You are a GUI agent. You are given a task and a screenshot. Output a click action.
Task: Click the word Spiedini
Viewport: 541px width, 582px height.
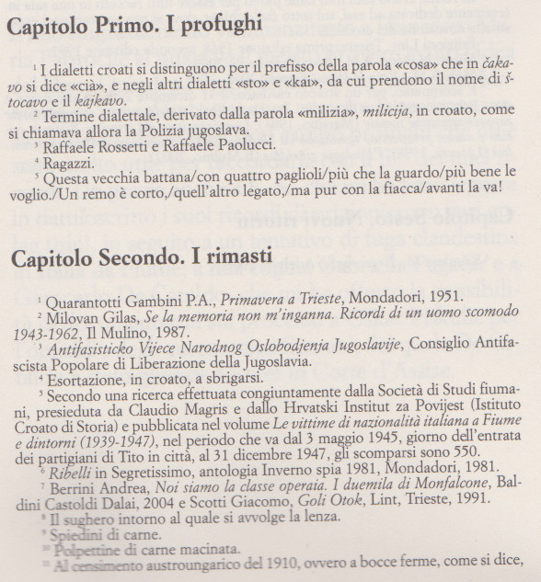coord(75,536)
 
